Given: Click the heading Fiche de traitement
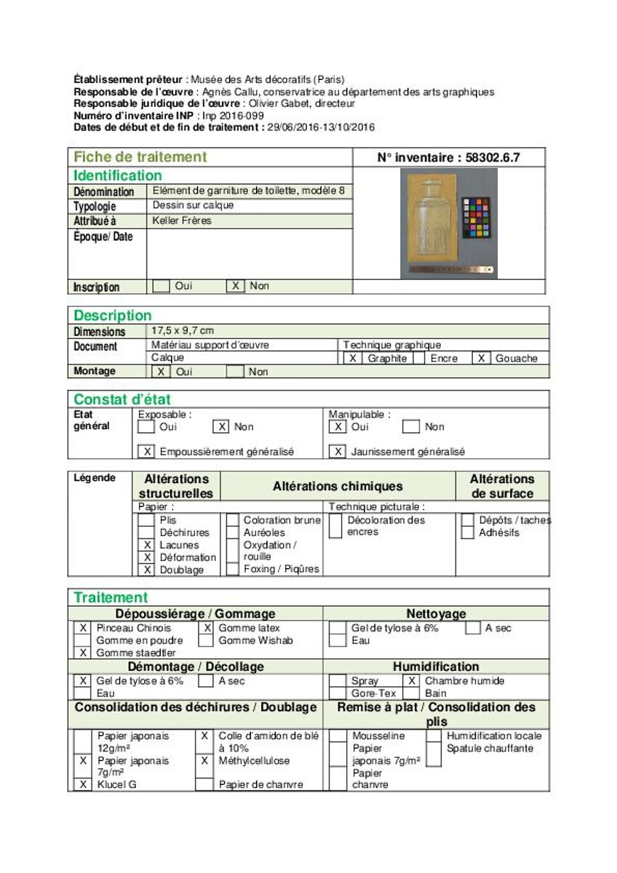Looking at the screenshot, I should (140, 157).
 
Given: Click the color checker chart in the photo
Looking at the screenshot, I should (476, 218).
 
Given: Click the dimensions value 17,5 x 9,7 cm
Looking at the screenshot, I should (183, 330).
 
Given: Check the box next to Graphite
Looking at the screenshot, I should (352, 358).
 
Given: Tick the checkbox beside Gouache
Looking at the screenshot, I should (481, 358).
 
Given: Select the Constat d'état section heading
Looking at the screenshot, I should (122, 399).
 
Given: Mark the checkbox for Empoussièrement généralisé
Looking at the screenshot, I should (147, 452).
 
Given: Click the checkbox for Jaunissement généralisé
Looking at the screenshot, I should (338, 452).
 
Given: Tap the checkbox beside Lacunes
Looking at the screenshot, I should (147, 545).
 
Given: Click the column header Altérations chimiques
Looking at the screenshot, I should (338, 486).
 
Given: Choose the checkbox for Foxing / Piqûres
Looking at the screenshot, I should (232, 569).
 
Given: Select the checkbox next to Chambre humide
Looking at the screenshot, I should (412, 681).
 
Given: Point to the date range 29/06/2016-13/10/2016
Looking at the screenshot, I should (320, 127).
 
